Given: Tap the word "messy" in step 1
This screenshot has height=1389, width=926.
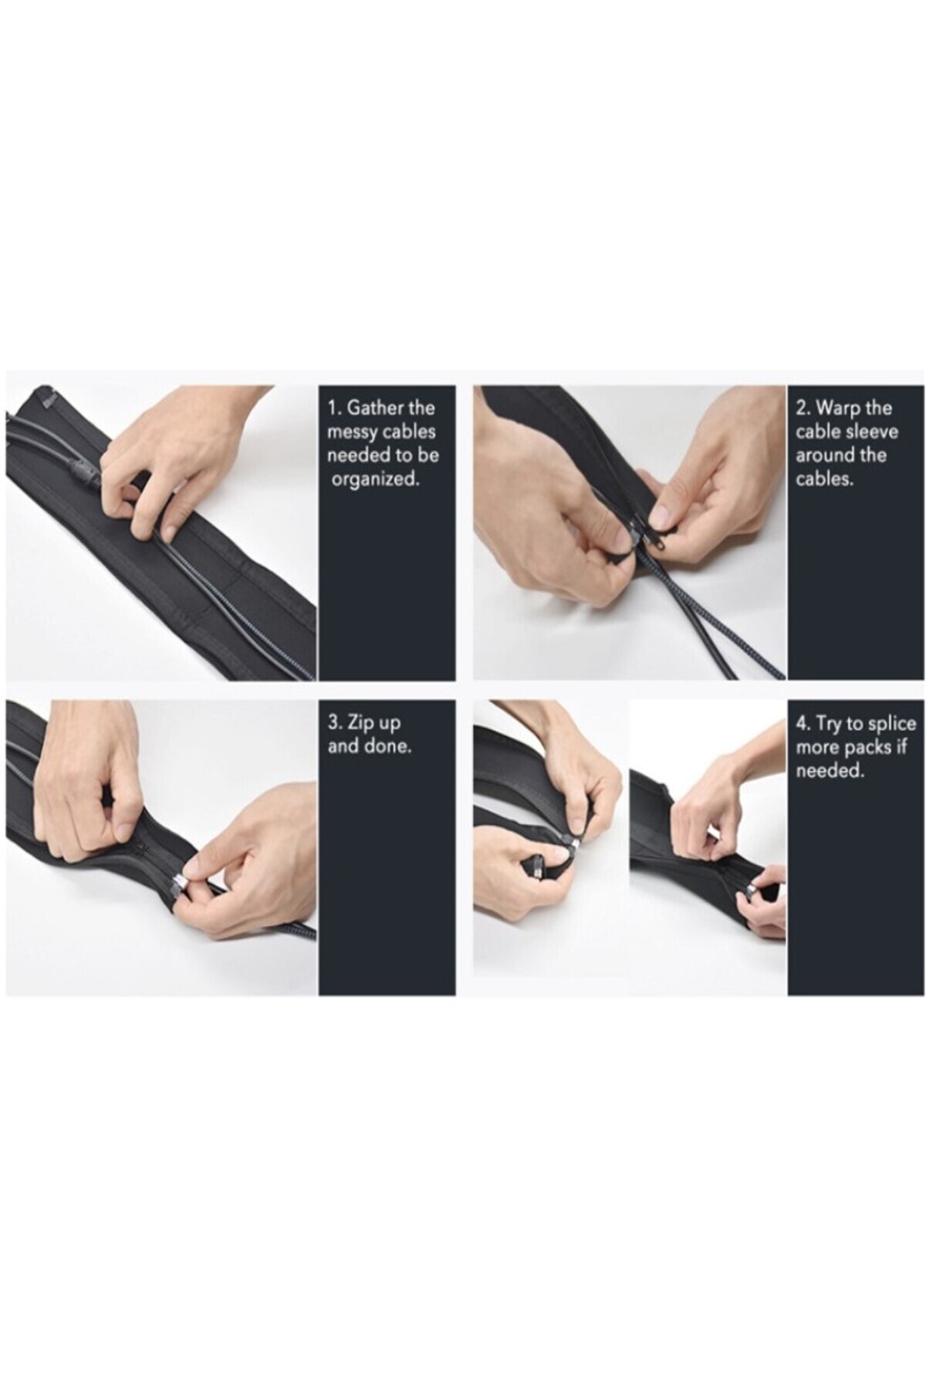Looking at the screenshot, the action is (351, 432).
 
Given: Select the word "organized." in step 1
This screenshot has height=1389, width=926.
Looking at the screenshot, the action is (375, 479).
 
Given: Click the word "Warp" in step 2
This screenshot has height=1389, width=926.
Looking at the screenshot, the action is (836, 408).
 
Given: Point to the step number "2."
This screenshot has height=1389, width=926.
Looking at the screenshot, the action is (803, 408).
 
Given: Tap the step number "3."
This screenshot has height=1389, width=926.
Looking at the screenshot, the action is (336, 724).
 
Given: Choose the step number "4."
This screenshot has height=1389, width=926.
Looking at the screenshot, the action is (803, 724).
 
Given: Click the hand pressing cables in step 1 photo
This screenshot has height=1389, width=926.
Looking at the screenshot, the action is (177, 455).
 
